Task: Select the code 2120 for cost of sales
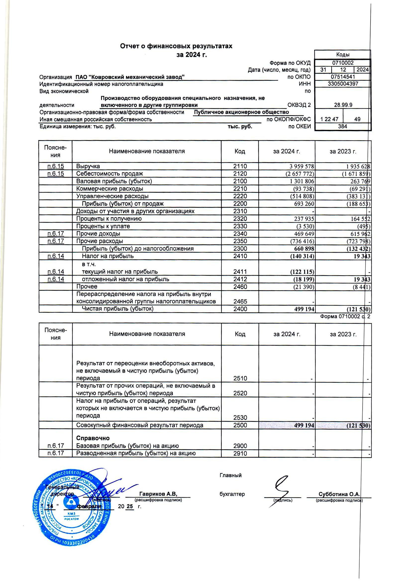click(x=240, y=174)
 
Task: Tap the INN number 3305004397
click(x=343, y=84)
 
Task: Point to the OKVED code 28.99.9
click(x=343, y=105)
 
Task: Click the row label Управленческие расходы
click(x=112, y=196)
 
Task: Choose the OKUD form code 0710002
click(x=343, y=63)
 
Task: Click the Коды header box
click(x=343, y=54)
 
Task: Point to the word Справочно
click(x=93, y=438)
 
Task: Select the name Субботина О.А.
click(x=339, y=494)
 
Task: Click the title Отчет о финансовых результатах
click(x=176, y=46)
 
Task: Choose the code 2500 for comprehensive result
click(x=240, y=425)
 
